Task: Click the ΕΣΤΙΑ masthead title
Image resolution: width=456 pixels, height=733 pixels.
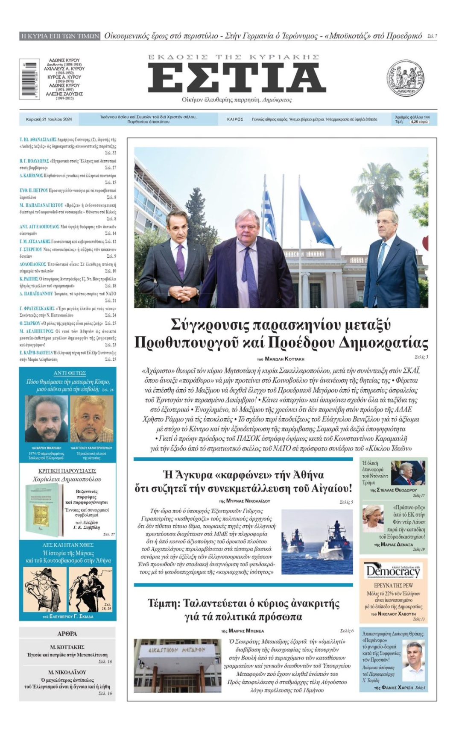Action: [237, 77]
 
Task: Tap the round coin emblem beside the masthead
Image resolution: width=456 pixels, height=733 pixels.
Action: [405, 78]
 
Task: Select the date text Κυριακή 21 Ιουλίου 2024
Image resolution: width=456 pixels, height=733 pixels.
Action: [49, 119]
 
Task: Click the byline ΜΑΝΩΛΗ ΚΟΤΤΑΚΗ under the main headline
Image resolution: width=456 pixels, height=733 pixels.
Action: [284, 359]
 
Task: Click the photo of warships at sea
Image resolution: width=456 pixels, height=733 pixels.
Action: [317, 542]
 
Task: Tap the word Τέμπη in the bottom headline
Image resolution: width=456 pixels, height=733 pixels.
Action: [162, 603]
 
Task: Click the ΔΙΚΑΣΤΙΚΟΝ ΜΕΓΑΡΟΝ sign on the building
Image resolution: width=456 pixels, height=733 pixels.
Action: [176, 650]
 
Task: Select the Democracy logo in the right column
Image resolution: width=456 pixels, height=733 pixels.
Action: [393, 571]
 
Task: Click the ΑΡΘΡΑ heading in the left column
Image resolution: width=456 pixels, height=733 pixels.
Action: [67, 633]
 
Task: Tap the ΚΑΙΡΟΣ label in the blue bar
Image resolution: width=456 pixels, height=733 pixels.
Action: [235, 120]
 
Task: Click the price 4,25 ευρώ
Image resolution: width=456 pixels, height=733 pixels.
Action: [419, 122]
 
